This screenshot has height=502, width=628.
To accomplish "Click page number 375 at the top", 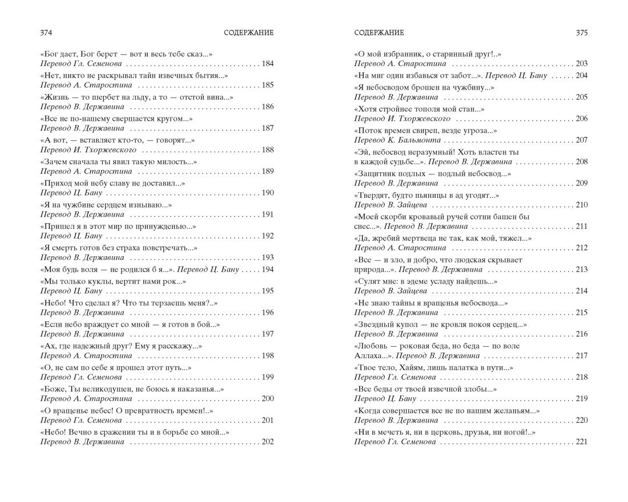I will [x=581, y=33].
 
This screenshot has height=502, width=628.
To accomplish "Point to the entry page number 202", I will [x=267, y=442].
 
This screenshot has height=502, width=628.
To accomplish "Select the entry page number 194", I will [x=267, y=269].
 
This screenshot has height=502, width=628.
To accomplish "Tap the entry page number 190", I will [x=267, y=193].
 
